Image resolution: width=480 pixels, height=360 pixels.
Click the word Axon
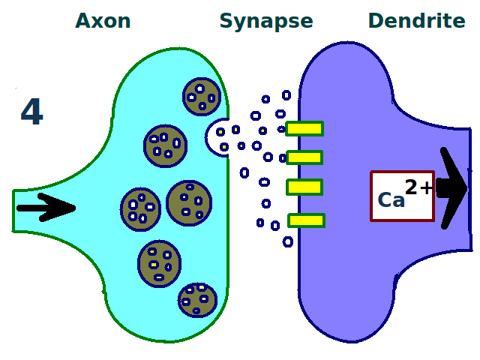pyautogui.click(x=103, y=21)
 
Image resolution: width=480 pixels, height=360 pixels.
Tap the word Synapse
pyautogui.click(x=265, y=21)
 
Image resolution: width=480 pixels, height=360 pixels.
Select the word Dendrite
pyautogui.click(x=416, y=21)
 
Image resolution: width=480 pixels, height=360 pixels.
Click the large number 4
pyautogui.click(x=31, y=112)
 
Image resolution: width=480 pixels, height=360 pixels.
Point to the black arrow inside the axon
pyautogui.click(x=45, y=208)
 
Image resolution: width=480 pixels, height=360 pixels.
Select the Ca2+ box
pyautogui.click(x=402, y=196)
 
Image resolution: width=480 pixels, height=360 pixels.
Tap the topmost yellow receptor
pyautogui.click(x=304, y=129)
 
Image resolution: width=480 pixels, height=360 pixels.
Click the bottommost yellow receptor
pyautogui.click(x=306, y=220)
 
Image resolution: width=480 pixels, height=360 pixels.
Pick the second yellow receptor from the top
pyautogui.click(x=304, y=157)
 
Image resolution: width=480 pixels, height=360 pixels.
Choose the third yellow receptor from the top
pyautogui.click(x=304, y=187)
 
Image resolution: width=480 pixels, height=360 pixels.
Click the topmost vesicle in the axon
pyautogui.click(x=202, y=97)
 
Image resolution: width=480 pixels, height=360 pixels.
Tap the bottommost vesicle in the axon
pyautogui.click(x=197, y=299)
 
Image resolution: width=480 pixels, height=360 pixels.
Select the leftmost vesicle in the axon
pyautogui.click(x=140, y=209)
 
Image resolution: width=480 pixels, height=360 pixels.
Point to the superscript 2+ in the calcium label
pyautogui.click(x=418, y=187)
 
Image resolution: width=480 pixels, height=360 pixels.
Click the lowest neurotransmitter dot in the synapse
pyautogui.click(x=288, y=241)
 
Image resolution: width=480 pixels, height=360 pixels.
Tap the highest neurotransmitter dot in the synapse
pyautogui.click(x=286, y=95)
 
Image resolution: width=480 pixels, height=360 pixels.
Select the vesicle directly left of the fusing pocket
pyautogui.click(x=165, y=145)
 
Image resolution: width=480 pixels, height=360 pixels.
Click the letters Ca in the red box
pyautogui.click(x=391, y=200)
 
